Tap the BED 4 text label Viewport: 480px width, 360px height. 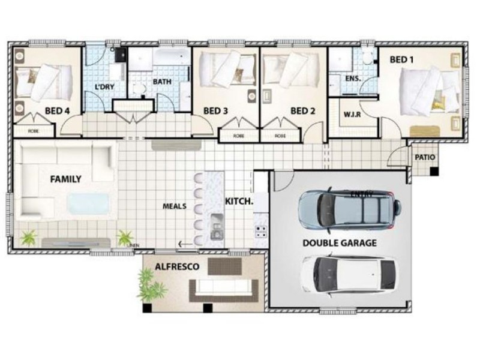point(58,110)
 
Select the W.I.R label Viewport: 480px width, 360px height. point(352,114)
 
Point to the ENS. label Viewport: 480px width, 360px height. point(353,79)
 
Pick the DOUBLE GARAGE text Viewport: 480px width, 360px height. point(340,243)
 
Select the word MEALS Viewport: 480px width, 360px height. point(175,206)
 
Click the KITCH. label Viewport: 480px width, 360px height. point(239,202)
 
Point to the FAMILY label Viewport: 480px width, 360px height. point(66,179)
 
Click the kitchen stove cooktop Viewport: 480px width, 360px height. point(261,229)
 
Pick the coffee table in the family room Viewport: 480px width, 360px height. point(88,205)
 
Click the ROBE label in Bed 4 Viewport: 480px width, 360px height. point(32,130)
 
